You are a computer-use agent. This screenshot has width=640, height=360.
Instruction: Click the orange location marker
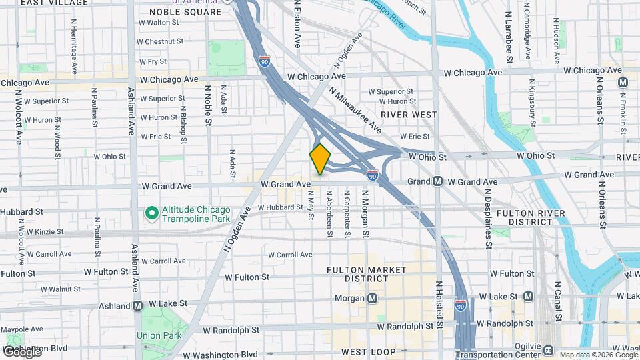320,159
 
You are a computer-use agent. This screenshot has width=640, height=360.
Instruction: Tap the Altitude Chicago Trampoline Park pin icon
151,213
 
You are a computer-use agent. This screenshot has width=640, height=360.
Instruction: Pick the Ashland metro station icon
138,305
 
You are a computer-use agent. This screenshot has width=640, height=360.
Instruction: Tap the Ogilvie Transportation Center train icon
548,350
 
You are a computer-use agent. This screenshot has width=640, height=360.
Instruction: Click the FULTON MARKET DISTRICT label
367,274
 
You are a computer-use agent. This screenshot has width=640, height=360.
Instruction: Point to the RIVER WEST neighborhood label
409,115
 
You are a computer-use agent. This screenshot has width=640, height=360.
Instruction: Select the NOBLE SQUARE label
185,12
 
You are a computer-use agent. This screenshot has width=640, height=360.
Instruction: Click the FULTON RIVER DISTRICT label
531,217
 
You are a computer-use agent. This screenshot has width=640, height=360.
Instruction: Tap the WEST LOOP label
368,351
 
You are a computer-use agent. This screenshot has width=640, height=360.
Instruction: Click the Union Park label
159,335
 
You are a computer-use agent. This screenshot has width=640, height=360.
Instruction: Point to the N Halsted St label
439,303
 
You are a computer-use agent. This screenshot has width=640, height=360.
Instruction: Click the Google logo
21,352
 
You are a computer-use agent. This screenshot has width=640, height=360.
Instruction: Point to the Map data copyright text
598,355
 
